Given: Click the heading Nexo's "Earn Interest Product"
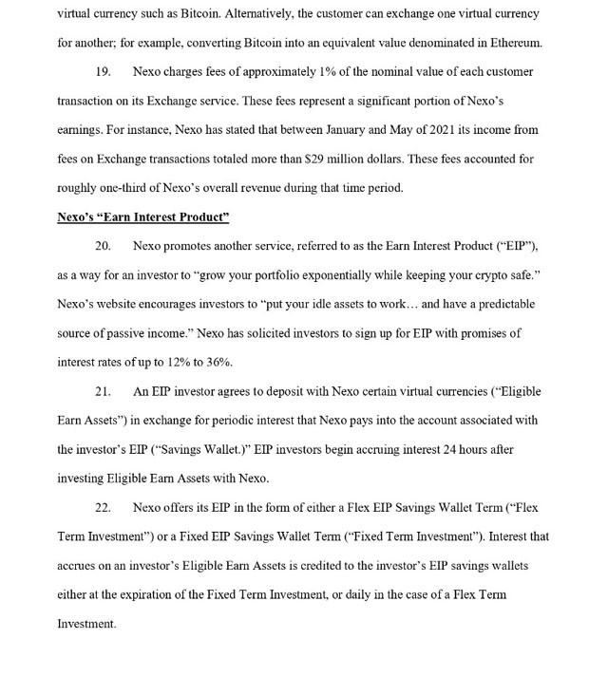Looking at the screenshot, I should [142, 217].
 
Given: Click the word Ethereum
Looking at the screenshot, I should [514, 43].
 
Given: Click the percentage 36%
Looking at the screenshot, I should [218, 363].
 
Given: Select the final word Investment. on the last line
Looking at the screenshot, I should [86, 624].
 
